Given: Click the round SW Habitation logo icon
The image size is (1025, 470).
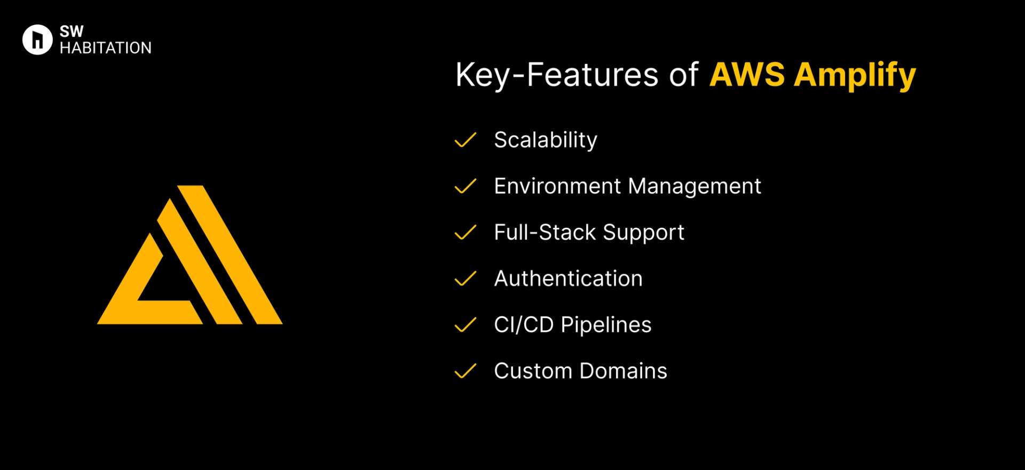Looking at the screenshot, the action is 37,39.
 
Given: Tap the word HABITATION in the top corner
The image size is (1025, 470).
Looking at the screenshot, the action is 106,48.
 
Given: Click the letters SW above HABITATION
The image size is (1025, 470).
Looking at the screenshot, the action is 72,31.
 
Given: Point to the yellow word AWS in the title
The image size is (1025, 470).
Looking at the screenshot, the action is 747,75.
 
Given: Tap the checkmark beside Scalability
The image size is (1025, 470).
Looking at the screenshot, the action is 465,140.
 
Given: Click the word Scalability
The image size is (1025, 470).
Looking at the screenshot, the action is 546,140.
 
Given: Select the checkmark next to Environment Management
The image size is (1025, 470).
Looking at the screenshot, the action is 465,186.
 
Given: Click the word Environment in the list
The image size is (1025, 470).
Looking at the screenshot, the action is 557,186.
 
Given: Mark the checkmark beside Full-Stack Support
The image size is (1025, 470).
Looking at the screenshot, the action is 465,233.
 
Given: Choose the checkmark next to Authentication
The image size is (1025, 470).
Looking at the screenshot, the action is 465,278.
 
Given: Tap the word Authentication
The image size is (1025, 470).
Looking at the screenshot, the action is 568,278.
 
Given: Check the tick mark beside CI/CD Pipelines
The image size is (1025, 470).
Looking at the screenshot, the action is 465,325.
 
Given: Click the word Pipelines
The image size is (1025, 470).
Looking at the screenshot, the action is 606,325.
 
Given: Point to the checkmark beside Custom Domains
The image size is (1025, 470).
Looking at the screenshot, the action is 465,371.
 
